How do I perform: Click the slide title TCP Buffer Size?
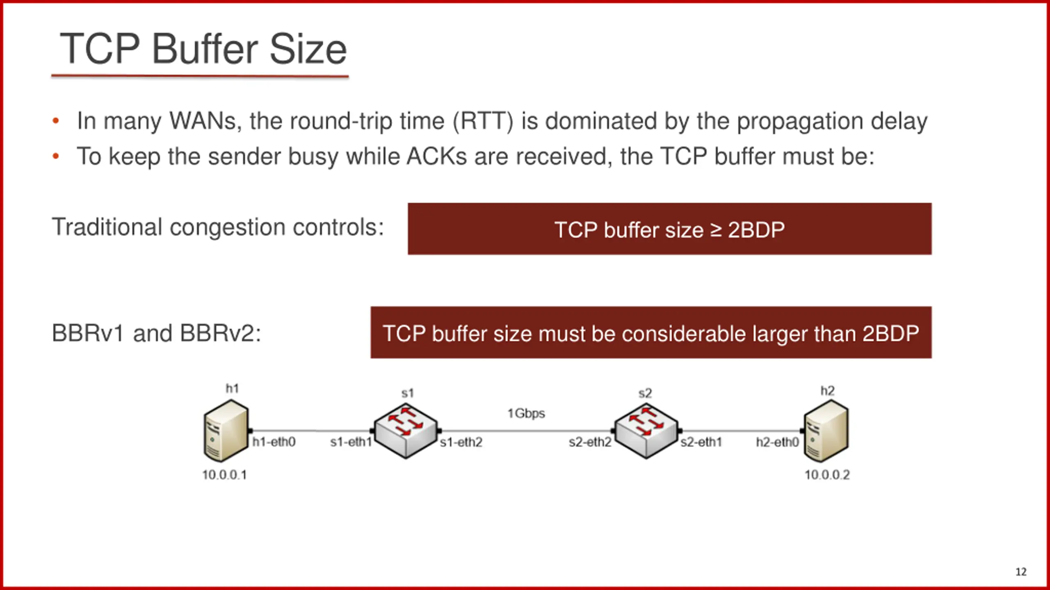pyautogui.click(x=203, y=49)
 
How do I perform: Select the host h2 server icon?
pyautogui.click(x=826, y=431)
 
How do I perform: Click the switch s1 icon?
pyautogui.click(x=405, y=430)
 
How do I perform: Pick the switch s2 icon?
pyautogui.click(x=646, y=430)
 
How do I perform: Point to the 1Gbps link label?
pyautogui.click(x=526, y=413)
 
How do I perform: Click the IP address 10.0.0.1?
pyautogui.click(x=224, y=475)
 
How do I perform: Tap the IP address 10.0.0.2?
pyautogui.click(x=827, y=475)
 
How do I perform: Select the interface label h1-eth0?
pyautogui.click(x=274, y=442)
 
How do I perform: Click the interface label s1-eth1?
pyautogui.click(x=351, y=442)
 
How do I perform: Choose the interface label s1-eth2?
pyautogui.click(x=461, y=442)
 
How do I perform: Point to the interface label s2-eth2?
pyautogui.click(x=590, y=442)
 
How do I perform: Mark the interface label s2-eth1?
pyautogui.click(x=701, y=442)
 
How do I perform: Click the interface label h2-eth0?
pyautogui.click(x=777, y=442)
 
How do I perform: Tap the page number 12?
pyautogui.click(x=1021, y=572)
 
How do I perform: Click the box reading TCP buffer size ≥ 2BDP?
pyautogui.click(x=669, y=229)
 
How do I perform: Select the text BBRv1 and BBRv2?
pyautogui.click(x=156, y=333)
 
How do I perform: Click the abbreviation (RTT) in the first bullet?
pyautogui.click(x=483, y=121)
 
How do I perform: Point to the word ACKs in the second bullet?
pyautogui.click(x=436, y=157)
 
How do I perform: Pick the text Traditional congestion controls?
pyautogui.click(x=218, y=227)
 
